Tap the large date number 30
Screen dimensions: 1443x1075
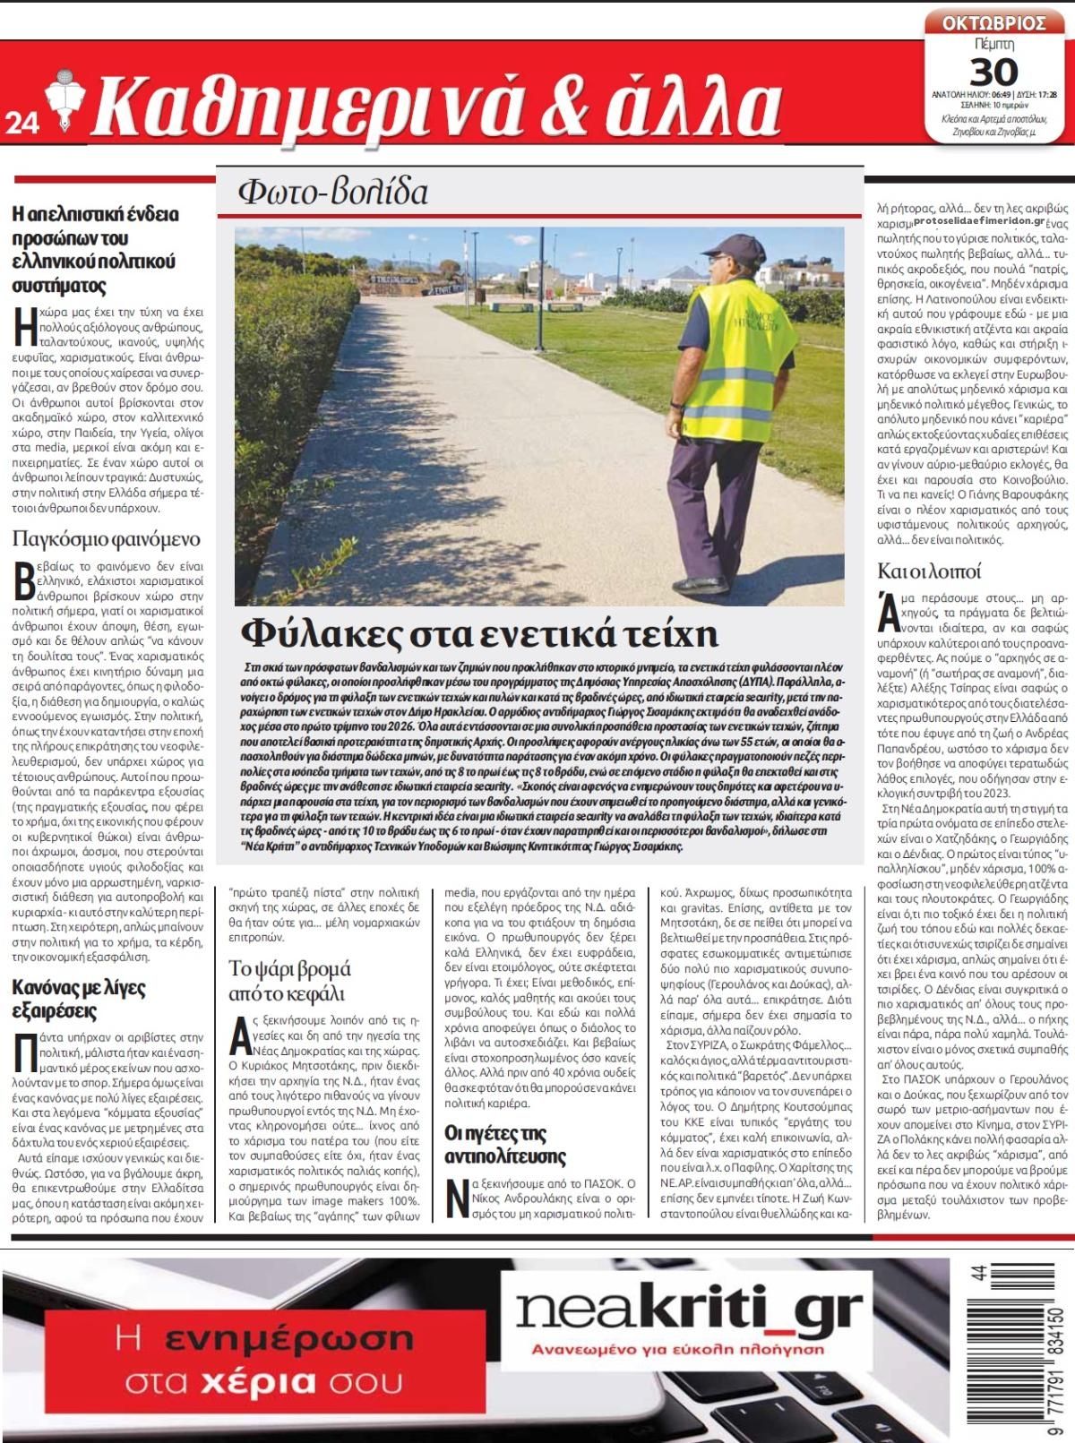[993, 71]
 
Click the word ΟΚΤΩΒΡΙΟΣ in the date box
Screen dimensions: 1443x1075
[993, 22]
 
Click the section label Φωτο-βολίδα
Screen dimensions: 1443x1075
[332, 192]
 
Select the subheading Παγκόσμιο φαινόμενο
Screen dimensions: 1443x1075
[107, 539]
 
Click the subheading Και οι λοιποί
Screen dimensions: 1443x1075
[929, 571]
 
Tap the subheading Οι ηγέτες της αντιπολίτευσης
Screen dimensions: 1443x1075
[506, 1144]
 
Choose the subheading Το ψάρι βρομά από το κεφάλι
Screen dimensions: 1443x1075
[289, 981]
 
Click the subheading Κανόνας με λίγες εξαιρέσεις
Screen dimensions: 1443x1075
[79, 1000]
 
